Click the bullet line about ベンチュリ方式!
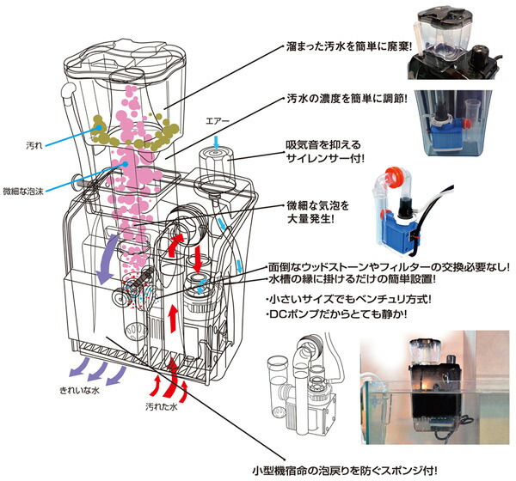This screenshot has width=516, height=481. coord(347,300)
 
